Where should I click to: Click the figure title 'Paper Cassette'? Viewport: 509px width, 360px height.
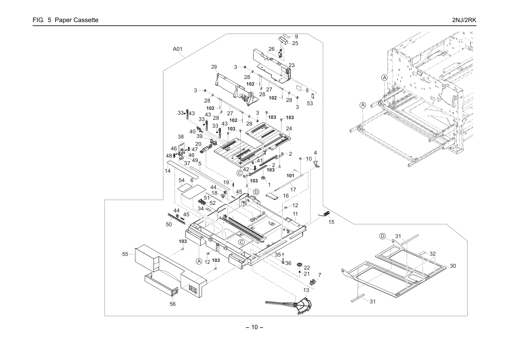(76, 20)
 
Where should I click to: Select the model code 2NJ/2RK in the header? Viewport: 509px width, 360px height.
(464, 20)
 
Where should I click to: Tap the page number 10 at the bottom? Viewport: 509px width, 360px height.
(254, 327)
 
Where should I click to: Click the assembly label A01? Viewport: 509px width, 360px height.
(178, 49)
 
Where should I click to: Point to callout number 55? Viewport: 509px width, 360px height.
(125, 254)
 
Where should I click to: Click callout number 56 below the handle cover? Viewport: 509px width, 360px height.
(173, 304)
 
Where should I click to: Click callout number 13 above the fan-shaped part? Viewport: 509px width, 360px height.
(306, 290)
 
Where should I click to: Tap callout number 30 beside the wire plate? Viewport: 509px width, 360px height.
(453, 266)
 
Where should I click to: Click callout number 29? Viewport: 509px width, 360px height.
(214, 67)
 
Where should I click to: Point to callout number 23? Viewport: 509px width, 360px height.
(292, 65)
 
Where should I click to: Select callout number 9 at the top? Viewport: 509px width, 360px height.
(296, 36)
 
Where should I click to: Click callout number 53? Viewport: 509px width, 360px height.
(310, 103)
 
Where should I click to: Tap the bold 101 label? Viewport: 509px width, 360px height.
(290, 175)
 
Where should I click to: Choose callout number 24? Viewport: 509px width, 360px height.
(289, 129)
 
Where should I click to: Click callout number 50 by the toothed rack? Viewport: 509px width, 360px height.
(169, 224)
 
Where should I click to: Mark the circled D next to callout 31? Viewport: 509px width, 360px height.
(382, 236)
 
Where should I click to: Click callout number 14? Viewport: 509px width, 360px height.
(168, 171)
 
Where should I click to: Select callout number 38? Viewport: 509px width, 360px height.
(181, 137)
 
